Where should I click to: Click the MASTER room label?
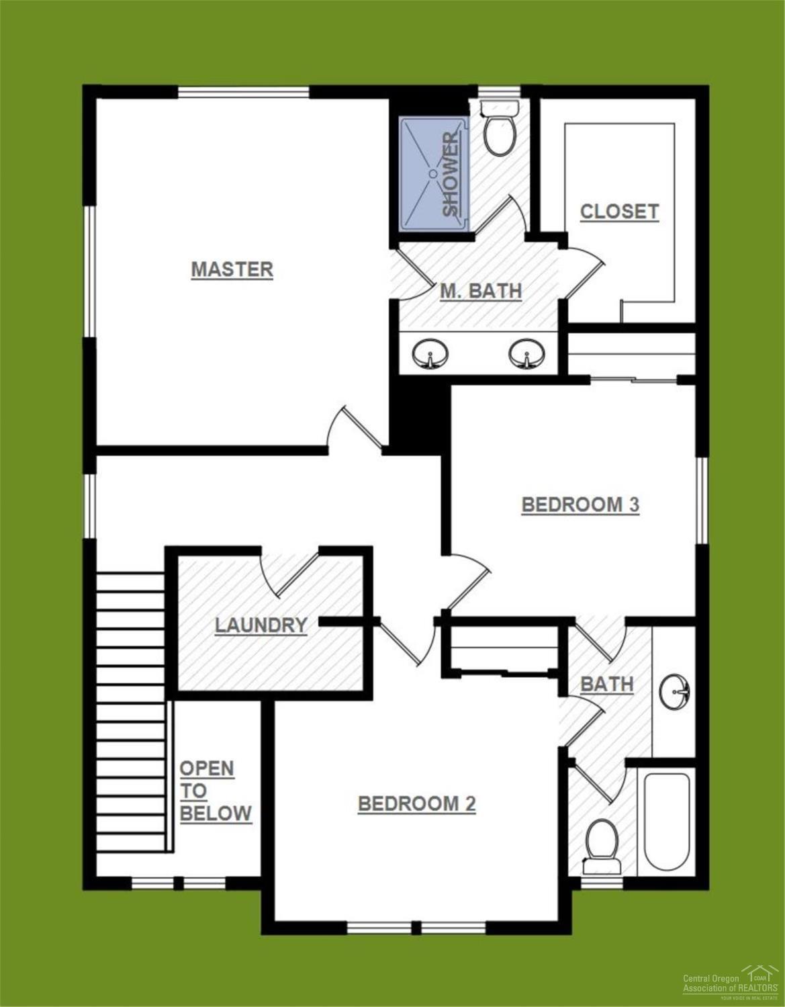click(x=232, y=269)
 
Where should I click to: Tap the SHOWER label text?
click(x=451, y=173)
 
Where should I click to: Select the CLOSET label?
click(x=619, y=212)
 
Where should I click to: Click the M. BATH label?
click(x=481, y=291)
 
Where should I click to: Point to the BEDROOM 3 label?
click(x=580, y=505)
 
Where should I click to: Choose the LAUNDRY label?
click(x=261, y=625)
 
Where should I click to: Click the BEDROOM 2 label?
click(x=416, y=803)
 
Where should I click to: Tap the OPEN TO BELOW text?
click(x=215, y=791)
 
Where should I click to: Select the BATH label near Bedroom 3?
click(x=606, y=684)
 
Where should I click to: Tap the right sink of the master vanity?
click(x=526, y=353)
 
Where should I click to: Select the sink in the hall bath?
click(x=675, y=691)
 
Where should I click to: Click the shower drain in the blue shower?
click(x=433, y=173)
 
